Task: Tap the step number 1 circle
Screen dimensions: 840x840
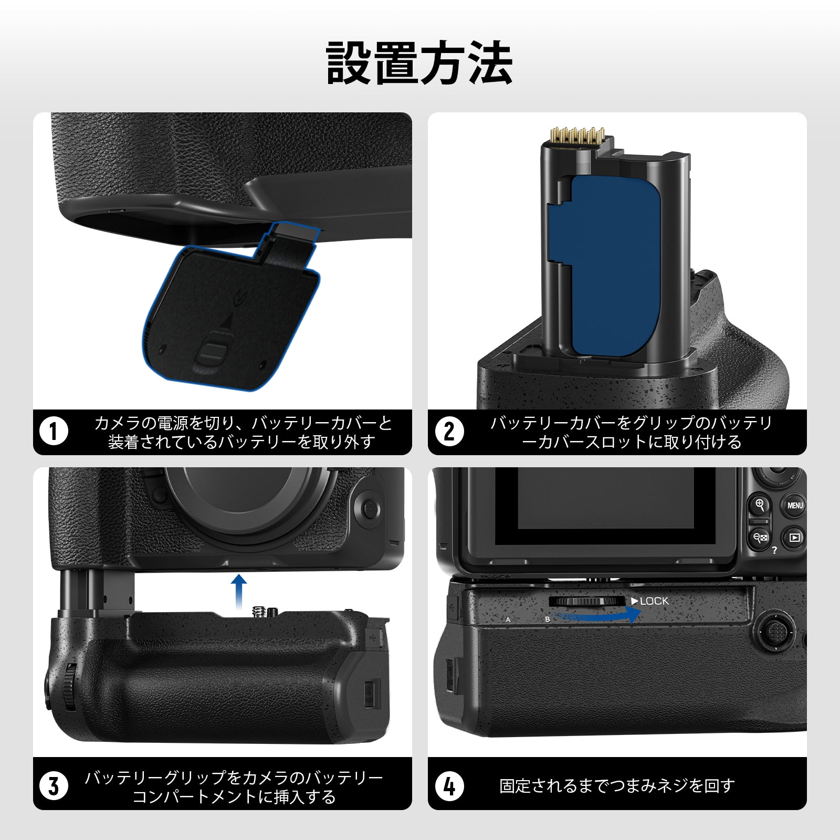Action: coord(54,432)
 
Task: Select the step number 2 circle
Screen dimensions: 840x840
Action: coord(449,432)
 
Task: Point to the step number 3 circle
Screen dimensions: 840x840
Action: coord(54,786)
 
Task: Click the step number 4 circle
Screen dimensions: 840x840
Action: coord(449,786)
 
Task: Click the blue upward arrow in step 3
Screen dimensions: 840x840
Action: coord(239,591)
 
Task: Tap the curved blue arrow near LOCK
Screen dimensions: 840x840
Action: coord(598,615)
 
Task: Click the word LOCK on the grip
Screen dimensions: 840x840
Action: coord(654,601)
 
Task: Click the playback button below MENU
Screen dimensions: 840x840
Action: coord(794,538)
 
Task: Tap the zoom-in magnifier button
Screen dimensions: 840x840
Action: coord(759,505)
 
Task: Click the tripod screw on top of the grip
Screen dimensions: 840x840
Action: coord(258,611)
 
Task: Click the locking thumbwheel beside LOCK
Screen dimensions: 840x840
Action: coord(587,601)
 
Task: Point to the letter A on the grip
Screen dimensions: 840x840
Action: coord(508,619)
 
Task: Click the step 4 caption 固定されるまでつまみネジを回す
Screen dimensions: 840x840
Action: coord(617,786)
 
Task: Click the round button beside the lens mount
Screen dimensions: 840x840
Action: coord(370,508)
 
